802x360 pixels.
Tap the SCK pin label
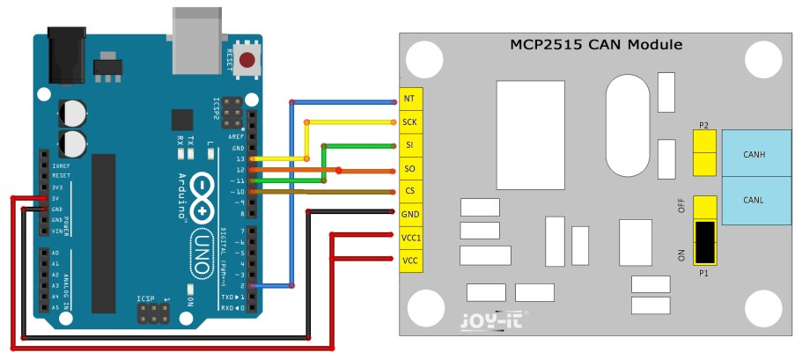point(409,122)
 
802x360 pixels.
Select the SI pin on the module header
point(409,145)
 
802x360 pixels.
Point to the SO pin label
point(409,168)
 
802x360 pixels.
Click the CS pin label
point(409,191)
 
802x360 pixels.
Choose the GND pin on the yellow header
point(409,214)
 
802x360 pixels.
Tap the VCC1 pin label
point(409,237)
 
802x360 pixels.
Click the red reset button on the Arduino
point(248,60)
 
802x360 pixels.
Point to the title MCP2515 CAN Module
point(596,45)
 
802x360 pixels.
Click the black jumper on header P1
point(704,242)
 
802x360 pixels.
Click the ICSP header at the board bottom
point(153,314)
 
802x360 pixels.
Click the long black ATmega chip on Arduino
point(104,232)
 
